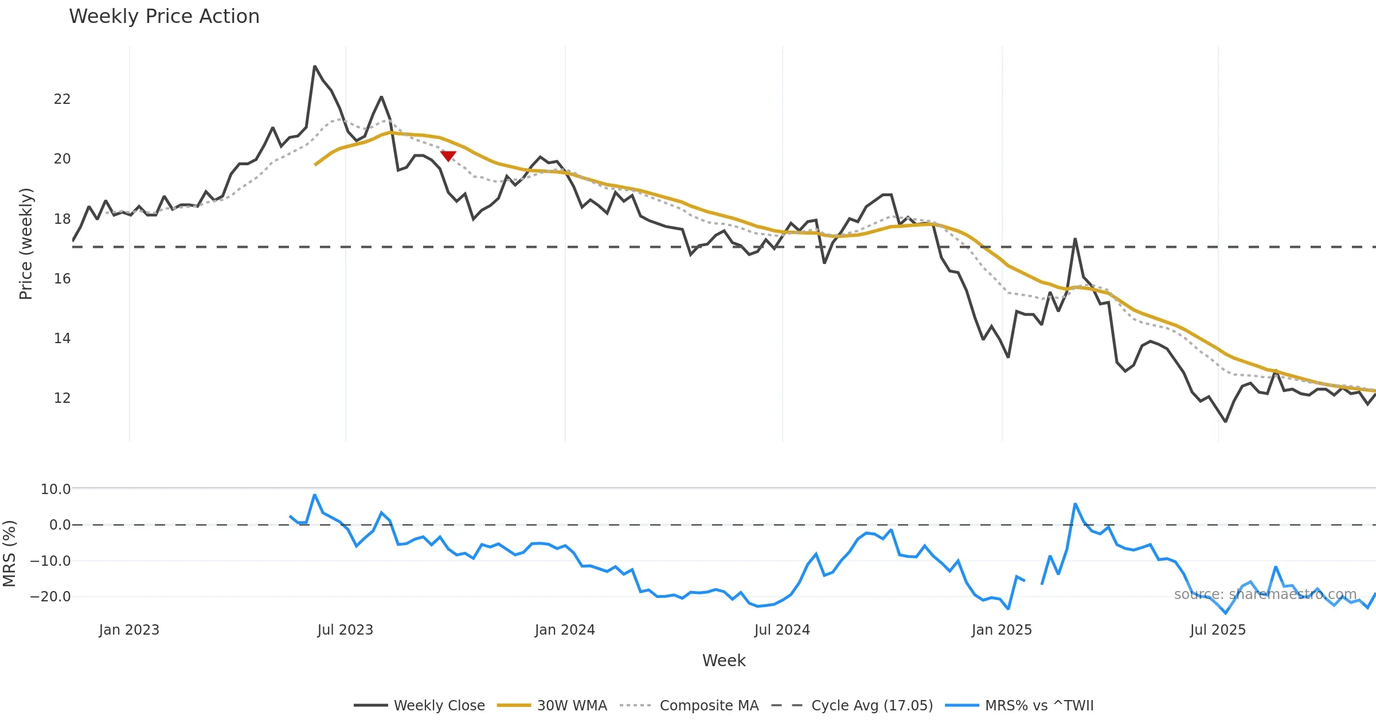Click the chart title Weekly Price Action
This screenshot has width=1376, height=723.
coord(164,17)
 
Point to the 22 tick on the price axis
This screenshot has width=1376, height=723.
coord(62,99)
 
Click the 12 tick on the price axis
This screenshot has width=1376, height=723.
coord(62,398)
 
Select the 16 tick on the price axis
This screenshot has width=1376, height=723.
coord(62,278)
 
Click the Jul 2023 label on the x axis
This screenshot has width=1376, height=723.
coord(345,630)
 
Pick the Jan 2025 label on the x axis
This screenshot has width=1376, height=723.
coord(1002,630)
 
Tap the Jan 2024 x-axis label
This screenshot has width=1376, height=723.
coord(565,630)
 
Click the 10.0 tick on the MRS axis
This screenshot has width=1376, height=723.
coord(56,489)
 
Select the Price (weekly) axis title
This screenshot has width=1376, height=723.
coord(26,244)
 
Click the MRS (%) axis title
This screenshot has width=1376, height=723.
coord(9,554)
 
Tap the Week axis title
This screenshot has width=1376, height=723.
coord(724,661)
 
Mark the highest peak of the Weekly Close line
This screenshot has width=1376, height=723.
coord(315,67)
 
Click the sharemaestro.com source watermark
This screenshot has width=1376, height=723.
coord(1265,594)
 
